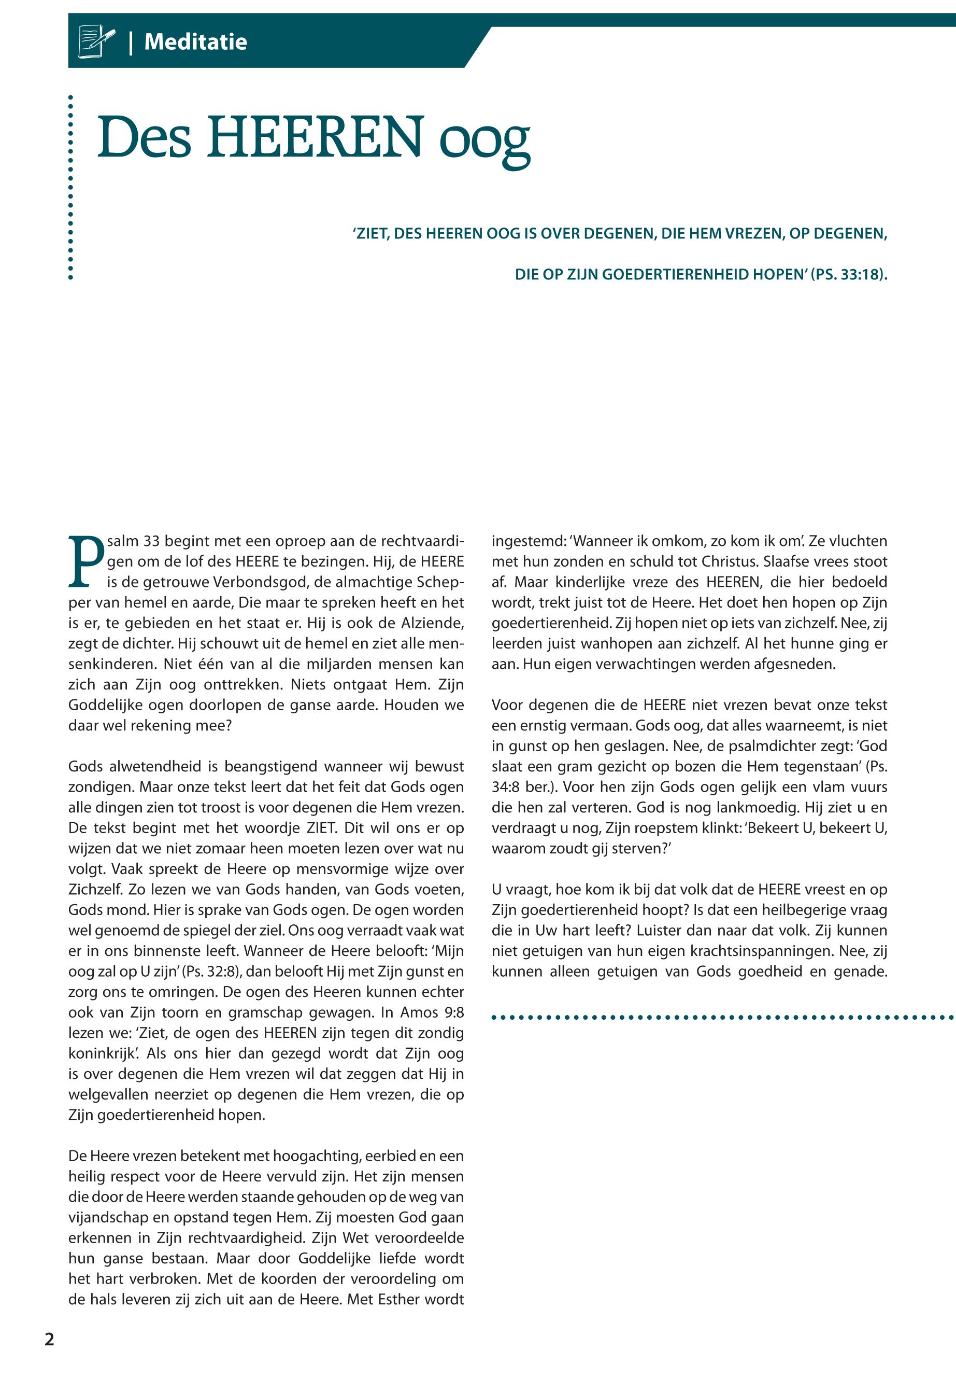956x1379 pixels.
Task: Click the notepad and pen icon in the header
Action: (x=96, y=41)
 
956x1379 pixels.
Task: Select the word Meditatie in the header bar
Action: (x=195, y=42)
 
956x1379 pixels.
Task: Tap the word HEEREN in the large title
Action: (x=315, y=138)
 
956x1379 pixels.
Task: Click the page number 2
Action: (x=49, y=1339)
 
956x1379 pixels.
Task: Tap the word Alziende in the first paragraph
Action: (x=434, y=623)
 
